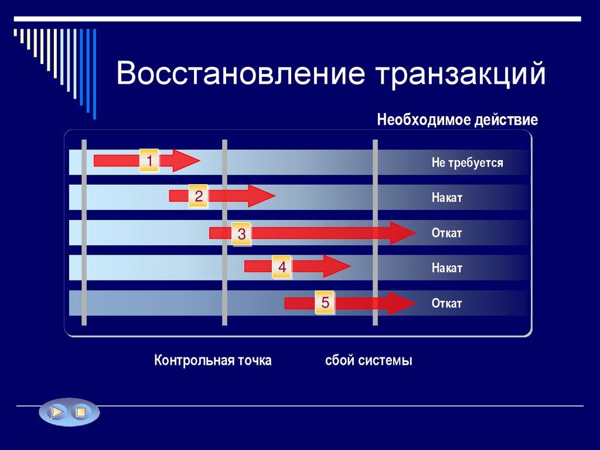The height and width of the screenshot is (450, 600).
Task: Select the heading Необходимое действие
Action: tap(457, 120)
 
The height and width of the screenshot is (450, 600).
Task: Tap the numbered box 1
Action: tap(149, 161)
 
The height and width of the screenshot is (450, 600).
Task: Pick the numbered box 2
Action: tap(199, 196)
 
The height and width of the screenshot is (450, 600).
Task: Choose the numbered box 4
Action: tap(282, 268)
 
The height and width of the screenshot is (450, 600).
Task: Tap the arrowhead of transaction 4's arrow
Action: tap(337, 266)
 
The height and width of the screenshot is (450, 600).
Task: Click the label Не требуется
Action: tap(467, 163)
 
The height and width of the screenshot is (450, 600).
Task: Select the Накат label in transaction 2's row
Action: tap(447, 198)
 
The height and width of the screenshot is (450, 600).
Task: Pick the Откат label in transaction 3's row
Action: tap(446, 233)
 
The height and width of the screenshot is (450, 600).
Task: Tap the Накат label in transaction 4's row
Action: tap(447, 268)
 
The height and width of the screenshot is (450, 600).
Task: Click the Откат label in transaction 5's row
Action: tap(446, 303)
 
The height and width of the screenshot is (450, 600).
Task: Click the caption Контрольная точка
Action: tap(213, 360)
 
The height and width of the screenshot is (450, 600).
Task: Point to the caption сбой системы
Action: tap(369, 360)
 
